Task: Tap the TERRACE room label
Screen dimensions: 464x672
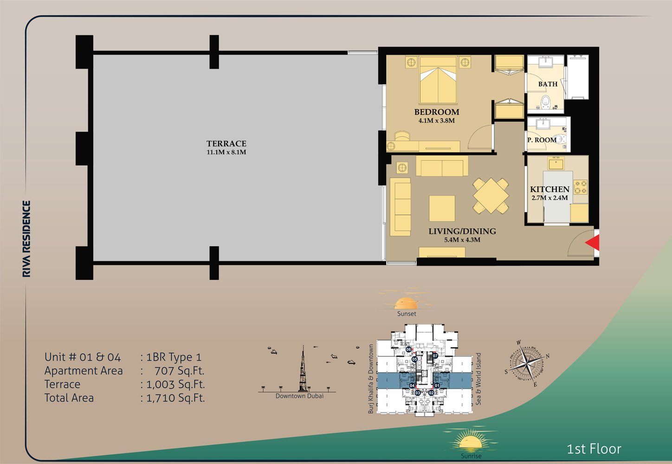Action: [226, 144]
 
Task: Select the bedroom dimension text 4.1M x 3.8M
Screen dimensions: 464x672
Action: [436, 121]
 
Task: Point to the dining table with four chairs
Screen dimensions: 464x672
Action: [491, 196]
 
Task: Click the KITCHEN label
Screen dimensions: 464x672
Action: [549, 189]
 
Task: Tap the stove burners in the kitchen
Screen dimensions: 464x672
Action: [580, 187]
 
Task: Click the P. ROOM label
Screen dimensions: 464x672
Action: [542, 140]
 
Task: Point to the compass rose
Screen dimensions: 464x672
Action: [527, 364]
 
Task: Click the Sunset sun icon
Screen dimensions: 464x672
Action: [406, 303]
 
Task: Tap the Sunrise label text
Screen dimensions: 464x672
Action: [471, 456]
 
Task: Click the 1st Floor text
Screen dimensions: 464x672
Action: [594, 449]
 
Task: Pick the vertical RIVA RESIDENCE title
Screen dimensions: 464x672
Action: [27, 239]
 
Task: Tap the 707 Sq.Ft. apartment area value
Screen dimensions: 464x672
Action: [179, 371]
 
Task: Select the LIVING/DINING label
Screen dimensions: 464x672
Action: [462, 231]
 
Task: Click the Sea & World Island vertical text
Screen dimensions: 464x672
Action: [478, 379]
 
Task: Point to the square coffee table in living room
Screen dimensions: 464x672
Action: [442, 208]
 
